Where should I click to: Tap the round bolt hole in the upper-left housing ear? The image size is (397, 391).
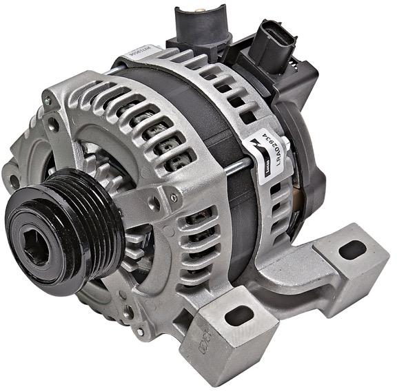click(x=53, y=125)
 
